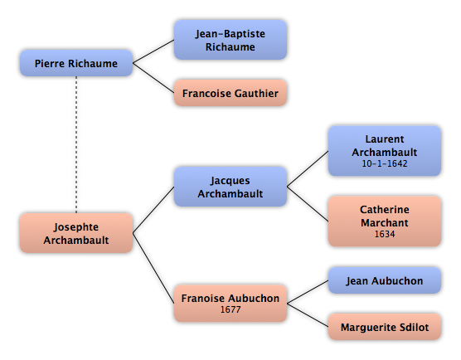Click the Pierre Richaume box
76,63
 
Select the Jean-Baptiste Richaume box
230,40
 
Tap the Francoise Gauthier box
230,93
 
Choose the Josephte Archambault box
76,233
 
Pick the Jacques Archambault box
230,187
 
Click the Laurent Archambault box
385,151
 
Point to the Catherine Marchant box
385,221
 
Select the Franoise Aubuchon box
230,303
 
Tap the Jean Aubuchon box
385,280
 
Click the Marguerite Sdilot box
385,327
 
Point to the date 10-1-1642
385,163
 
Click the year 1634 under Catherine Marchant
385,234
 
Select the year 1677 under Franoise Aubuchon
230,309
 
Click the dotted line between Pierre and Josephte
76,144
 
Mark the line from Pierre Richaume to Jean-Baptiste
153,51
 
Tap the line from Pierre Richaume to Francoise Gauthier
153,78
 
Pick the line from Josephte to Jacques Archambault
153,210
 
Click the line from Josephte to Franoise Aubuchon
153,268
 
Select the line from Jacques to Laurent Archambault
308,169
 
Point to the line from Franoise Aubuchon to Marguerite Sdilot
308,315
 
